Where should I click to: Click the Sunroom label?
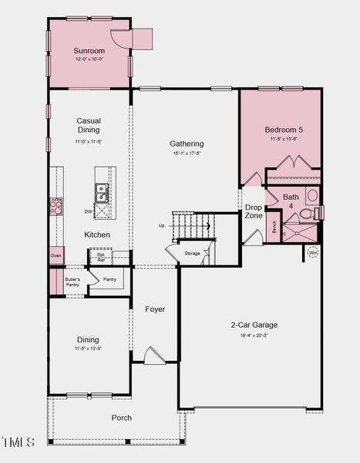point(89,51)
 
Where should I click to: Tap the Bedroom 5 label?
point(284,130)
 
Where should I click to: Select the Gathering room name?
point(187,144)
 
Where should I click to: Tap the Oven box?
point(56,255)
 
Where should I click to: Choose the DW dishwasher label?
point(89,211)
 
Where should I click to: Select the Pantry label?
point(109,279)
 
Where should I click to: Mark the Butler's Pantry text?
point(72,282)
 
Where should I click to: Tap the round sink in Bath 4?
point(312,195)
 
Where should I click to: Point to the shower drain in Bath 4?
point(285,232)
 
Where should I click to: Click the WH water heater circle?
point(313,252)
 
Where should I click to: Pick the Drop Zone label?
point(254,211)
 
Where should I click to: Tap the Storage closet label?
point(192,253)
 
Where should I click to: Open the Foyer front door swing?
point(154,356)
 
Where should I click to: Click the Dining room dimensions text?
point(88,349)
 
